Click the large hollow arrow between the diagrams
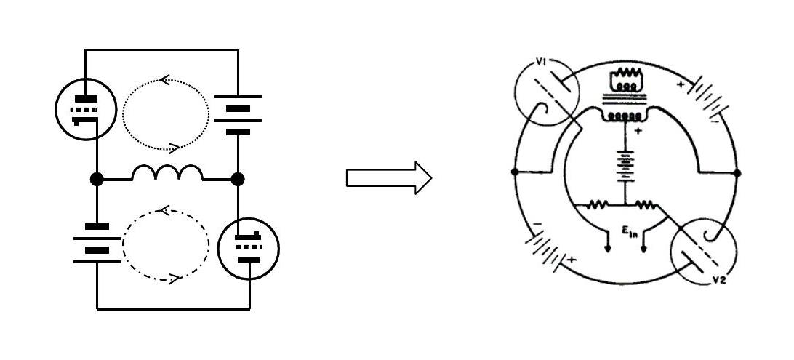(x=389, y=177)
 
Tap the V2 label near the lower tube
(x=719, y=280)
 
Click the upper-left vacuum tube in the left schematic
(x=86, y=109)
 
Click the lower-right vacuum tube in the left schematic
(x=248, y=248)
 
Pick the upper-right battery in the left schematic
(x=238, y=114)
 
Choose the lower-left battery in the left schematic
(x=97, y=244)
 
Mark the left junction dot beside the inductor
(x=97, y=179)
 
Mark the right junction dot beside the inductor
(x=238, y=179)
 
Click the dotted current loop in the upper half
(x=166, y=114)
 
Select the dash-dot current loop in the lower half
(x=166, y=244)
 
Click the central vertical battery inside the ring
(x=626, y=167)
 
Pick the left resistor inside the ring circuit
(x=598, y=204)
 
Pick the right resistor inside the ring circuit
(x=646, y=204)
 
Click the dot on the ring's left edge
(x=515, y=172)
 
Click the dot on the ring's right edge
(x=737, y=173)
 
